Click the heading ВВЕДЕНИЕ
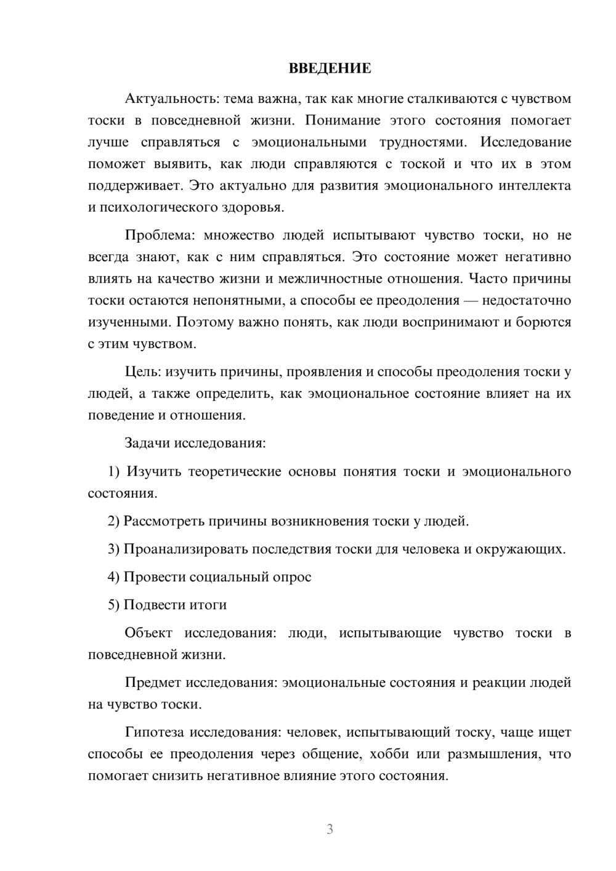(x=330, y=68)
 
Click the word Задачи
(x=148, y=443)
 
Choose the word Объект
(x=148, y=633)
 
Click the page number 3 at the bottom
(x=330, y=829)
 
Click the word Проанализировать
(x=186, y=549)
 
